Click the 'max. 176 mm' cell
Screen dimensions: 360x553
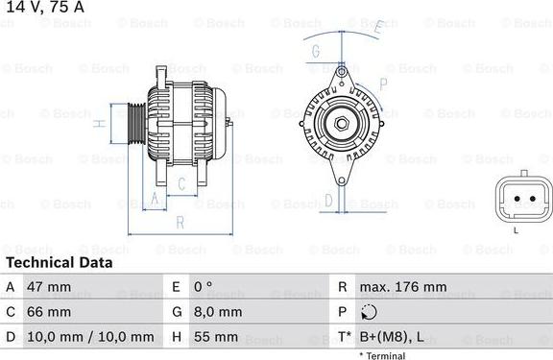coord(403,287)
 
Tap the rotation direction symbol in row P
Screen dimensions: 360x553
coord(371,312)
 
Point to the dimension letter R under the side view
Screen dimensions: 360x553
coord(180,224)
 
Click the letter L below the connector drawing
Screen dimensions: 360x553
coord(516,229)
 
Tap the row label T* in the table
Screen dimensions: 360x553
coord(344,337)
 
